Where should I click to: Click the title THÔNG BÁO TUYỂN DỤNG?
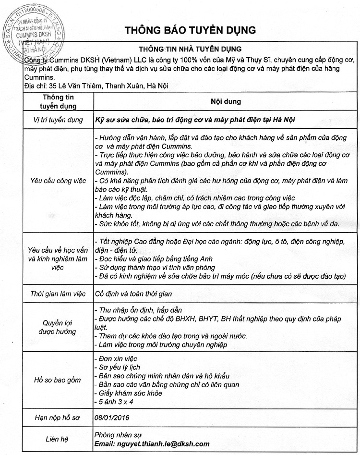[191, 29]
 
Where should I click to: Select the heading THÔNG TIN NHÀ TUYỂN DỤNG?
[190, 49]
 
